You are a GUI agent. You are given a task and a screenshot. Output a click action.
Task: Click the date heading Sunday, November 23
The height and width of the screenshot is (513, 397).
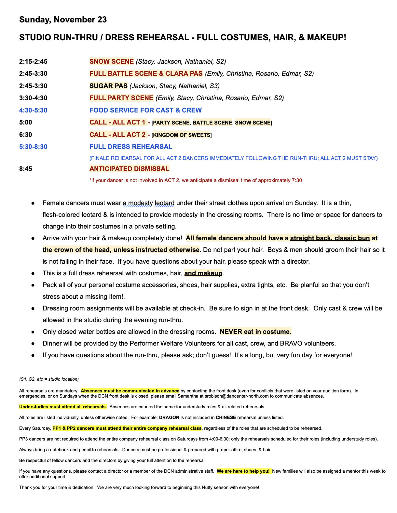[63, 20]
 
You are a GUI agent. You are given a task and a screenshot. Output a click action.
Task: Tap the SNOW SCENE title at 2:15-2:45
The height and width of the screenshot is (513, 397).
[112, 61]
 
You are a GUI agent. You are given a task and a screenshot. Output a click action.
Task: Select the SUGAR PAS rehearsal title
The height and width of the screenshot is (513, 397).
[108, 86]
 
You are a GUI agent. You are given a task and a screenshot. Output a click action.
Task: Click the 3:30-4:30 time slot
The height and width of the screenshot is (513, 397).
[33, 98]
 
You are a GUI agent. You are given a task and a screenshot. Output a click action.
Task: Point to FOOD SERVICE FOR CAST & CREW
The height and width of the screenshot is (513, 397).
[145, 110]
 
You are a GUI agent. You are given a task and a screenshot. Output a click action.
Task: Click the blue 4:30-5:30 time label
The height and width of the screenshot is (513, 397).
[33, 110]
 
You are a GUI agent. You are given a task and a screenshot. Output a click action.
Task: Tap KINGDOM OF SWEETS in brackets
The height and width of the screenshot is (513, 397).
[182, 135]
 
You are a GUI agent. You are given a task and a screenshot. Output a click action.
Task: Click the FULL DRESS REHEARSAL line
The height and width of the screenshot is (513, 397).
[131, 147]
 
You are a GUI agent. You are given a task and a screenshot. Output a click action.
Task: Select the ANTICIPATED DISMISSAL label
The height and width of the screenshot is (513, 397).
[129, 169]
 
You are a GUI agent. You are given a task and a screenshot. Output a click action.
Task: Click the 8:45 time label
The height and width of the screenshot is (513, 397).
[26, 169]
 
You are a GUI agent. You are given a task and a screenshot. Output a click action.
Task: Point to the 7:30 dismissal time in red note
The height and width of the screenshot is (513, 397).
[297, 180]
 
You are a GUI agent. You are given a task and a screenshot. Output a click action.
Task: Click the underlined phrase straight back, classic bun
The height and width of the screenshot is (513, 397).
[330, 238]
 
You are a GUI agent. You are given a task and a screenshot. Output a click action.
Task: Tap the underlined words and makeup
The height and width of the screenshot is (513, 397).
[203, 273]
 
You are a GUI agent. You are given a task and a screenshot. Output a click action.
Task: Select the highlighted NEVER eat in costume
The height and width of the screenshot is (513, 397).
[255, 332]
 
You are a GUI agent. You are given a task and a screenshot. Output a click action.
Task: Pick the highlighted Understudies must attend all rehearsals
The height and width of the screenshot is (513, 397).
[63, 407]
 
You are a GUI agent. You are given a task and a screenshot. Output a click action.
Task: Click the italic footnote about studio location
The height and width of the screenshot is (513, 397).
[49, 379]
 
